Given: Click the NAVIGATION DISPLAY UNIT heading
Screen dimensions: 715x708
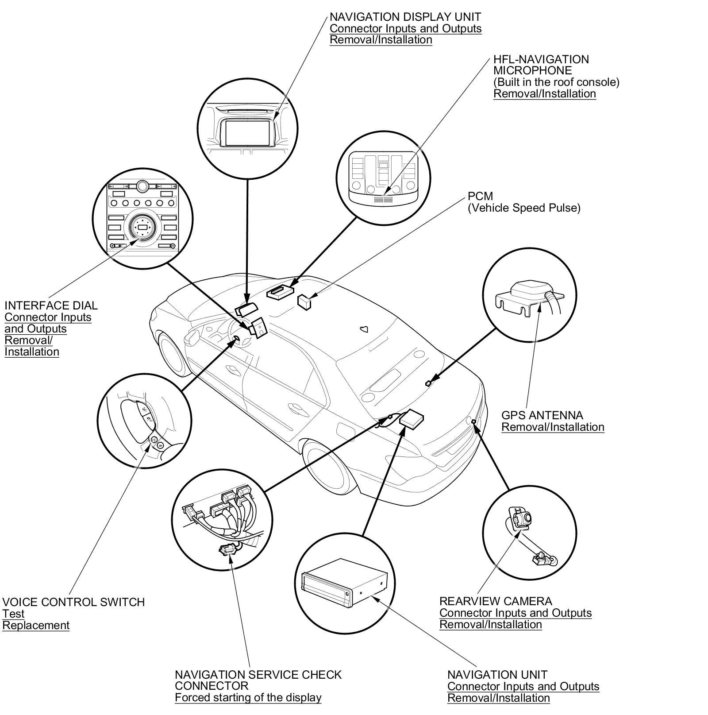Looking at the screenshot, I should [405, 17].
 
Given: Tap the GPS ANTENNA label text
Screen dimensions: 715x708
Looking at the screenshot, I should [542, 415].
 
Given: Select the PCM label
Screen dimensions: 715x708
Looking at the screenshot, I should [480, 196].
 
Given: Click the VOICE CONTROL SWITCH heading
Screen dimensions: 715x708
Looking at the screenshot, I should [73, 602].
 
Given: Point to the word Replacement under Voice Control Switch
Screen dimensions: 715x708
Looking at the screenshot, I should [36, 625].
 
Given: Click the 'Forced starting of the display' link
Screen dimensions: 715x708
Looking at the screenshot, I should [248, 698].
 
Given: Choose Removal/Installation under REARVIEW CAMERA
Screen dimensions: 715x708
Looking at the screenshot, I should [490, 624].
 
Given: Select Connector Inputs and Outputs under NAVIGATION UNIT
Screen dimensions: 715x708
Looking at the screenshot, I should [523, 686].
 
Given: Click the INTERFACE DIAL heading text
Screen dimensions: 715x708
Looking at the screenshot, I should [51, 305].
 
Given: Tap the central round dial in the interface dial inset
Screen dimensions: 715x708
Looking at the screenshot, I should [142, 227].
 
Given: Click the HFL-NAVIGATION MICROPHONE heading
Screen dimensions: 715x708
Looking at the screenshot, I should [541, 65].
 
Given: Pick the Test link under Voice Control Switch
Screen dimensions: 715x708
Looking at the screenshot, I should [13, 614].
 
